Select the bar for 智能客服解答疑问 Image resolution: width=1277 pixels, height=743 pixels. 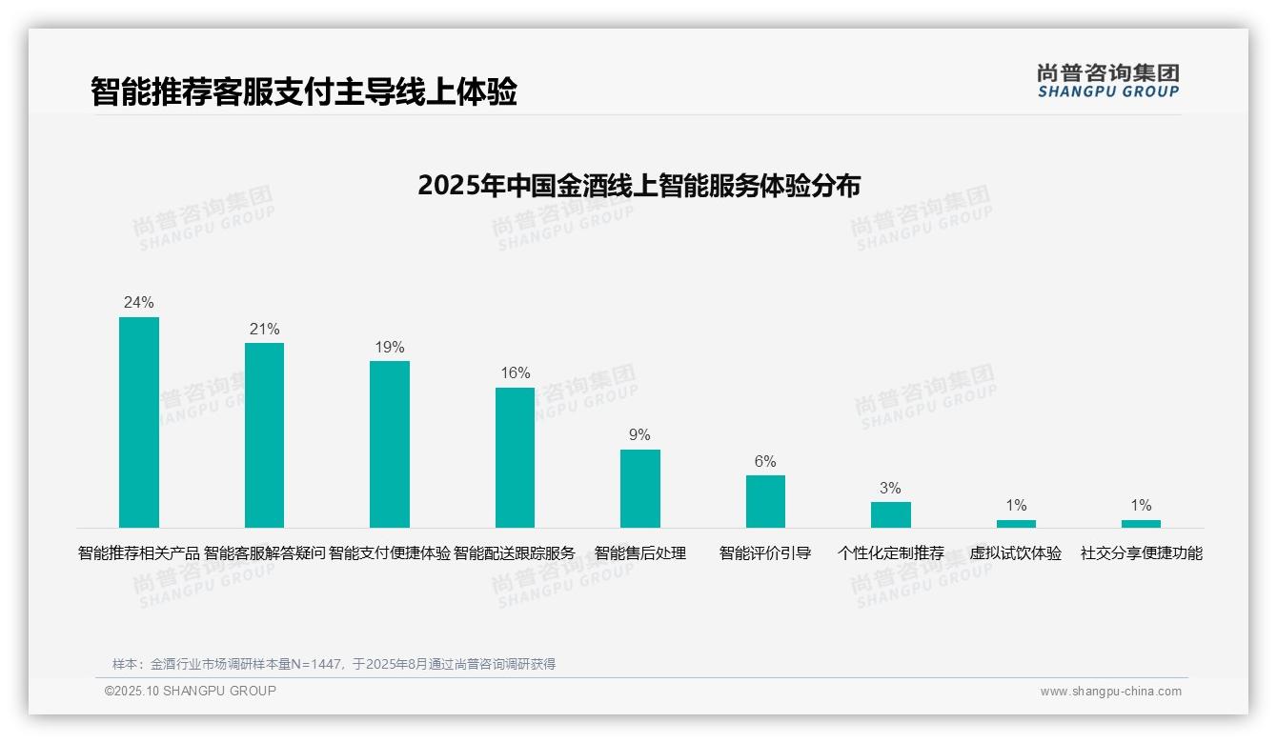(264, 435)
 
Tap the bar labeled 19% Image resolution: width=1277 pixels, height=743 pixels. (390, 444)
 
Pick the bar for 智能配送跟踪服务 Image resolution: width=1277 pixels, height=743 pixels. (515, 457)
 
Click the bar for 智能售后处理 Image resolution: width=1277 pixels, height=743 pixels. (639, 489)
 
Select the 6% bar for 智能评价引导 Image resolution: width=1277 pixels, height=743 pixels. (765, 501)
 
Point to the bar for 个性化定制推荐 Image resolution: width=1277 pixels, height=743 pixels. (890, 514)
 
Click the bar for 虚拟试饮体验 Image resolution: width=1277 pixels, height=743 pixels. (1016, 524)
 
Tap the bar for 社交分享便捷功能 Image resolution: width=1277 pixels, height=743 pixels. (1141, 524)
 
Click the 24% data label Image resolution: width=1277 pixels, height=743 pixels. (139, 303)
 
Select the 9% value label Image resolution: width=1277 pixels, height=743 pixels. (639, 435)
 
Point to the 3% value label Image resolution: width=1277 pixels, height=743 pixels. (890, 488)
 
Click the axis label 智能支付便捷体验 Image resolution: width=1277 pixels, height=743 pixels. (390, 553)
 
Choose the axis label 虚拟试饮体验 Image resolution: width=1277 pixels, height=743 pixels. (1016, 553)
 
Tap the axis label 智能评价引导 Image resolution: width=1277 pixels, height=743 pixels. (765, 553)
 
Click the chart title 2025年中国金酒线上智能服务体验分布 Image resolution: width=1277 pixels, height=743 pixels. (638, 185)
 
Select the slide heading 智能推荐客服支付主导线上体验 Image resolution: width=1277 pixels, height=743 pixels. (304, 92)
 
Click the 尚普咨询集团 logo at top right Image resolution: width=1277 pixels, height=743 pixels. (1108, 80)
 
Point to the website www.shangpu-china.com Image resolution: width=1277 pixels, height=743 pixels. (1110, 692)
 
